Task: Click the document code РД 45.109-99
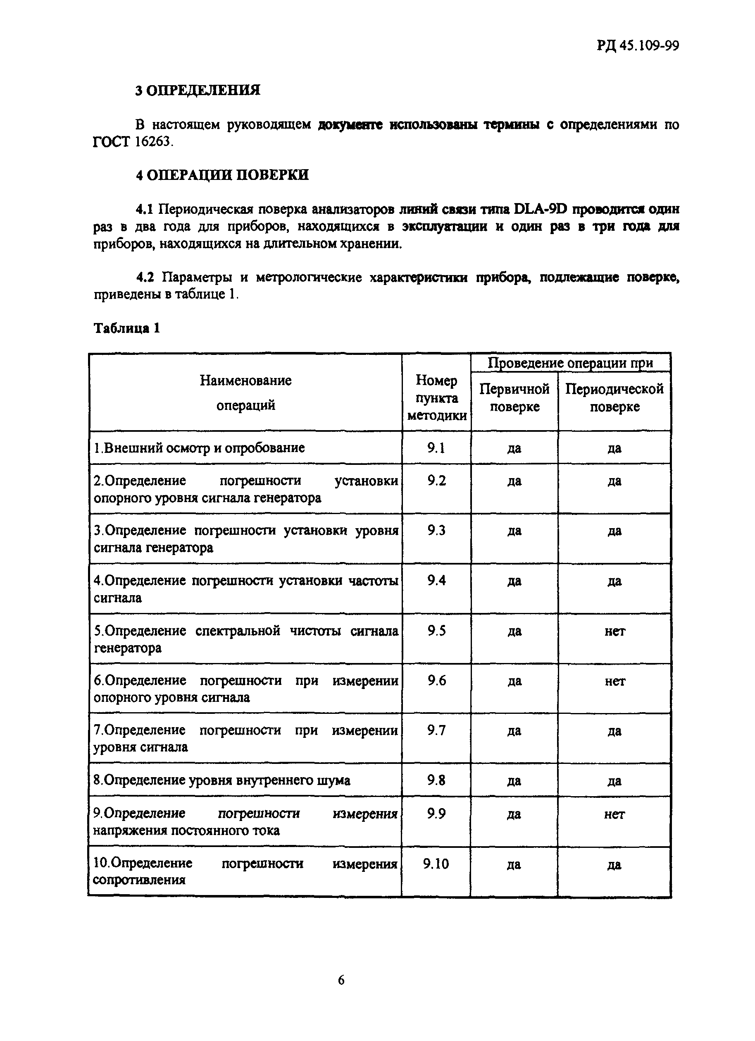click(638, 46)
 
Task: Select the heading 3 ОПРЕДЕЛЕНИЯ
click(198, 90)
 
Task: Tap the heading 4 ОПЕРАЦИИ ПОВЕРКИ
click(222, 175)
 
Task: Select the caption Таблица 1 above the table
click(127, 328)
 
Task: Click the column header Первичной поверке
click(514, 397)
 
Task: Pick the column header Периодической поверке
click(614, 397)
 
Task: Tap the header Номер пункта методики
click(436, 397)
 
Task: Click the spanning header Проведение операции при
click(570, 363)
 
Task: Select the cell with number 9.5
click(436, 631)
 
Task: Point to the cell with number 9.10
click(436, 864)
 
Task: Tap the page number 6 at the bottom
click(341, 980)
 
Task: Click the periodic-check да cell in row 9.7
click(614, 731)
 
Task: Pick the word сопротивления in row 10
click(139, 880)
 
